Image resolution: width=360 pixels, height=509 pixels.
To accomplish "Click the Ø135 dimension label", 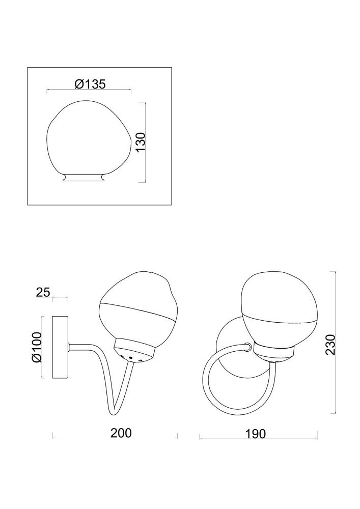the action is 90,84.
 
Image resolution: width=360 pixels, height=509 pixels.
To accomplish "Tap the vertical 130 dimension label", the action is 141,142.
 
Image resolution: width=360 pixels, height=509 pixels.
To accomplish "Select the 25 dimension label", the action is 43,292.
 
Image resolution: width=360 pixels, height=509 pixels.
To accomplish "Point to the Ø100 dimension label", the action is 37,347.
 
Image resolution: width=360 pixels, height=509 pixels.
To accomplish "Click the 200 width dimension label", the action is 121,433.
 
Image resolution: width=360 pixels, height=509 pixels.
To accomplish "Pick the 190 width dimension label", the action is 255,434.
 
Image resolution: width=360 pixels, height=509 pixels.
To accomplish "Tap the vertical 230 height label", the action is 330,345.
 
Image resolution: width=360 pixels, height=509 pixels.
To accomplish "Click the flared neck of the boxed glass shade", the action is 84,177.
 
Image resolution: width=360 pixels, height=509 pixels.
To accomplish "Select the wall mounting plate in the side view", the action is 60,347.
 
